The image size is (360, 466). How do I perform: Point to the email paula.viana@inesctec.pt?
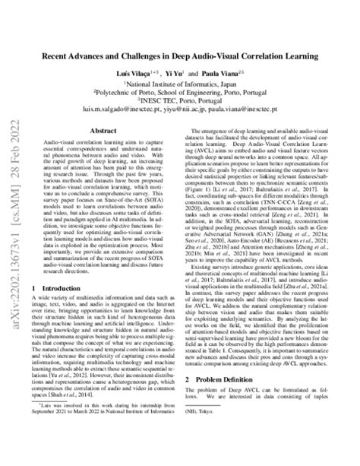pos(248,110)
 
